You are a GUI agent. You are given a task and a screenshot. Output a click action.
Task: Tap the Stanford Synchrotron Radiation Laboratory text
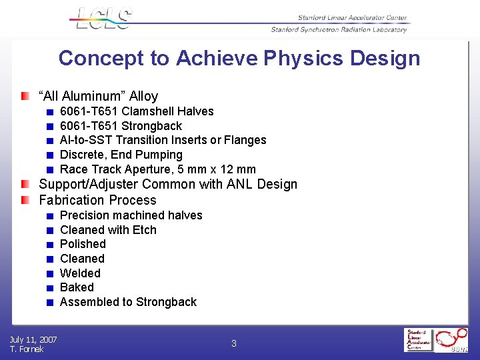tap(339, 30)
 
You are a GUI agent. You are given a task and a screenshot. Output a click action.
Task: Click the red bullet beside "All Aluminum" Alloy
tap(25, 97)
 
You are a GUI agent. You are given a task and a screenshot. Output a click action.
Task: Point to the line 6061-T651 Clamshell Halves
tap(137, 111)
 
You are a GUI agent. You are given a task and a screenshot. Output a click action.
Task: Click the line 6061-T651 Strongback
tap(121, 126)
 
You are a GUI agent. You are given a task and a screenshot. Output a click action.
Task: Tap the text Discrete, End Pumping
tap(121, 155)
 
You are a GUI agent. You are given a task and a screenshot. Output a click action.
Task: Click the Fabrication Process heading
tap(97, 200)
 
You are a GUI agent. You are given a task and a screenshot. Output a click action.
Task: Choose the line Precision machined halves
tap(131, 215)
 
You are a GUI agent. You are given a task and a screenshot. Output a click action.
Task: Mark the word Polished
tap(83, 244)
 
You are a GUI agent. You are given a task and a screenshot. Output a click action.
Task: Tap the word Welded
tap(80, 273)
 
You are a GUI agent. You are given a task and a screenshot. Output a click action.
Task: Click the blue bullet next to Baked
tap(49, 288)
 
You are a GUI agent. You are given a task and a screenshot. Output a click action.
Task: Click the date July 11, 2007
tap(33, 340)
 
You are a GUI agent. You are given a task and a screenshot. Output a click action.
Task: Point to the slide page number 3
tap(234, 344)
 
